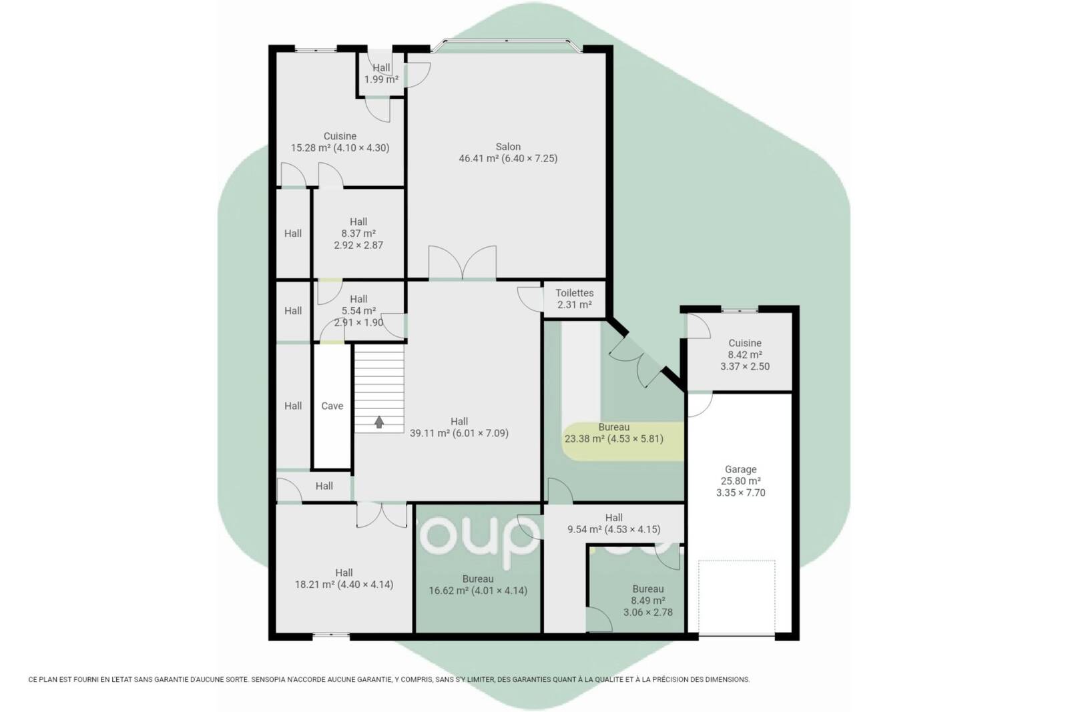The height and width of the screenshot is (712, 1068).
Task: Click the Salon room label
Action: click(x=508, y=147)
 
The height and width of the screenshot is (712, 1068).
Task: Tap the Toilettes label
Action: click(x=575, y=293)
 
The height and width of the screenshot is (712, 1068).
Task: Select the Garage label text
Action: click(x=740, y=469)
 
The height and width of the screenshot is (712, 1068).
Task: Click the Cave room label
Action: click(x=332, y=406)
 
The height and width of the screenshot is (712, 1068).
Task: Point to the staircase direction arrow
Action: click(x=379, y=422)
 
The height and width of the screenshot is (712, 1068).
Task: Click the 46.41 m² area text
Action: click(x=479, y=158)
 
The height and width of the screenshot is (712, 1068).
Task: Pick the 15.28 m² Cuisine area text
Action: click(x=311, y=147)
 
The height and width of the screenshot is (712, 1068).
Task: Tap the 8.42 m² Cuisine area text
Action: click(x=745, y=354)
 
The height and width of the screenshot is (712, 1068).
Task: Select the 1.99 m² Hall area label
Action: click(x=381, y=79)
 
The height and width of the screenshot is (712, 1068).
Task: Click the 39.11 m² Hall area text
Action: click(x=430, y=433)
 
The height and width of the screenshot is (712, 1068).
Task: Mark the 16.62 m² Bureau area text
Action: click(x=449, y=591)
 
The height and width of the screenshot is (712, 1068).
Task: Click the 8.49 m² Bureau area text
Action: click(x=648, y=601)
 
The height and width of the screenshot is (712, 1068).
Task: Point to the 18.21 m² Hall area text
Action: click(x=314, y=585)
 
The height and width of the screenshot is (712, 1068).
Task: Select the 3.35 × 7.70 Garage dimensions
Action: click(x=740, y=492)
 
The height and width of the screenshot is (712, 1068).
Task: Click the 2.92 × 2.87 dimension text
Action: click(x=358, y=246)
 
